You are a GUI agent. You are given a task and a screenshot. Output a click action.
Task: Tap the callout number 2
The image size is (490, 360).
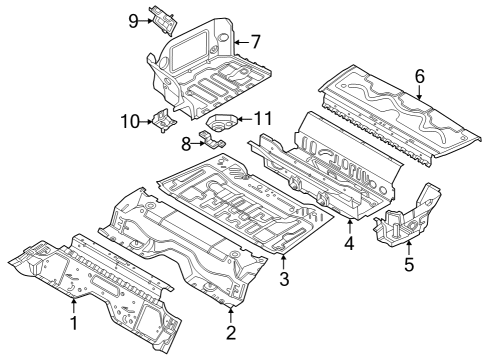231,332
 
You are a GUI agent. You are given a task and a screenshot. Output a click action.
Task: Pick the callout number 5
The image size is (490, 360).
408,265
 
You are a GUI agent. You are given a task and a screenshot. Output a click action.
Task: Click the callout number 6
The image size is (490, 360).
419,76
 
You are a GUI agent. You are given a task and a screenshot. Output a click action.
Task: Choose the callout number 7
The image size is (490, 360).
255,43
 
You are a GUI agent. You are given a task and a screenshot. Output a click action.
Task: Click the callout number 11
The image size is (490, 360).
263,118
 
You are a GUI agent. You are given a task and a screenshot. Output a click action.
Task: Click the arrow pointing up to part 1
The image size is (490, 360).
72,303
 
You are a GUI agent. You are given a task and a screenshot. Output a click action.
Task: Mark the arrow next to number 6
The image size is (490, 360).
419,92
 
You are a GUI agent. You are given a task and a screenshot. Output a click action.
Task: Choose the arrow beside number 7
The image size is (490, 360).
240,43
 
